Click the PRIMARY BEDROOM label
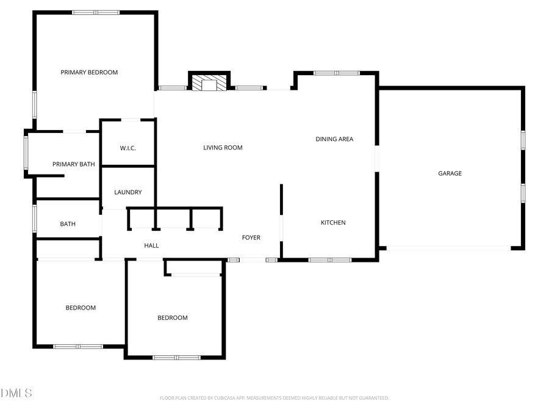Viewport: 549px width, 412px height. point(89,73)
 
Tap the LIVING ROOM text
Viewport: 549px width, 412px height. point(223,148)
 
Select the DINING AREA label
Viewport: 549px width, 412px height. point(334,139)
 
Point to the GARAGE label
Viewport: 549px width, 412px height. point(450,173)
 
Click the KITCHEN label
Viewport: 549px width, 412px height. point(333,223)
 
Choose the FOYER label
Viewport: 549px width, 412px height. point(251,237)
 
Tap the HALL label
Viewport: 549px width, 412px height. point(151,245)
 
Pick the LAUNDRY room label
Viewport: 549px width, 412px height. point(128,192)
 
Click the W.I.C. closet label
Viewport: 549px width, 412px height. point(127,148)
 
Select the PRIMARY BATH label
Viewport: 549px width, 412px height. point(74,164)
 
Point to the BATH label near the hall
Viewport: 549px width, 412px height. point(68,224)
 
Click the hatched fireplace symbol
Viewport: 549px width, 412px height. point(209,82)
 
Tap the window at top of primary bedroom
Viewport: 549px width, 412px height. point(96,12)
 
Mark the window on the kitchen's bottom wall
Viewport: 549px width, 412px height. point(329,260)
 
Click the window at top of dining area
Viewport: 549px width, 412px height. point(336,73)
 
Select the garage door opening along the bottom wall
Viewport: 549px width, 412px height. point(448,248)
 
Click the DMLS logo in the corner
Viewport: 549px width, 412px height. point(16,392)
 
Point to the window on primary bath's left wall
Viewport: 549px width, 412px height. point(26,153)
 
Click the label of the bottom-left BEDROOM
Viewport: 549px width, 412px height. point(81,308)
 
